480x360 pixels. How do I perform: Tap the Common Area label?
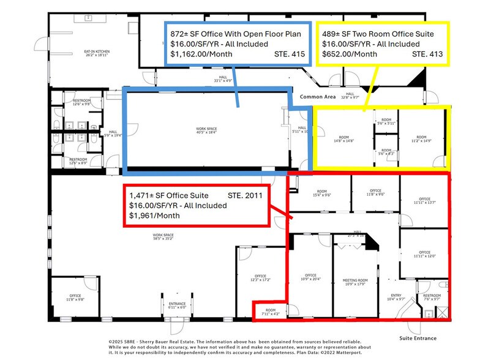(318, 97)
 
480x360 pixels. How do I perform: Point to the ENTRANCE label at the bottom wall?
(177, 306)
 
